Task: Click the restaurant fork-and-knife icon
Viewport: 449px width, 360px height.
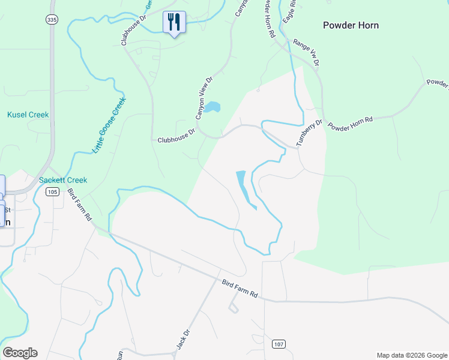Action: point(174,22)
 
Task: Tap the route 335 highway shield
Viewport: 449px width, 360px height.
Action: point(52,20)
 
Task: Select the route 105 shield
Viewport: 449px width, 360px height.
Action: point(53,191)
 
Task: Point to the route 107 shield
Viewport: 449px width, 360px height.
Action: point(278,344)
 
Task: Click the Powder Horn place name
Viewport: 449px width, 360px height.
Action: point(351,25)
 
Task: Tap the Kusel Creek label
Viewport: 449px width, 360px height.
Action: point(28,115)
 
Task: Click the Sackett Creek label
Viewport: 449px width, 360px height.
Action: point(63,180)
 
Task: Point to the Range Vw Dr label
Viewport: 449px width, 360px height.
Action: point(306,52)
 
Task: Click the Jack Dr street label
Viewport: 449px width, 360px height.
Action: point(182,340)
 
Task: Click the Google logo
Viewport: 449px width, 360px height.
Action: point(20,353)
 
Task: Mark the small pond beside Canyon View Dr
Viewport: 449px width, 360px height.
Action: point(211,107)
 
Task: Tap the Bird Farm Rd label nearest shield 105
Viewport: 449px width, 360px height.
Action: point(79,204)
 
